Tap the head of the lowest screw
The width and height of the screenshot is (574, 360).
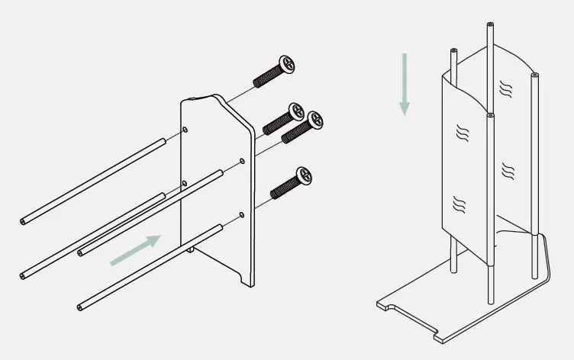(305, 175)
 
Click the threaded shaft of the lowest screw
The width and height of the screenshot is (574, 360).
(284, 186)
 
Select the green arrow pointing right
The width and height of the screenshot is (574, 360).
(136, 251)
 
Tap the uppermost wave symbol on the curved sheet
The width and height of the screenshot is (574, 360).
(505, 88)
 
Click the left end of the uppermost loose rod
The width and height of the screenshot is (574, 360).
(23, 221)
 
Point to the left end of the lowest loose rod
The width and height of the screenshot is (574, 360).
(80, 307)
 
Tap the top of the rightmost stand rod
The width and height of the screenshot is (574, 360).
(535, 76)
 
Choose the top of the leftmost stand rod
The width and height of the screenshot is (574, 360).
(453, 50)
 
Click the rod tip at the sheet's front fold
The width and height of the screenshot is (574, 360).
(489, 115)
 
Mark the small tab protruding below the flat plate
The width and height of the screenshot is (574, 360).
(190, 248)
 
